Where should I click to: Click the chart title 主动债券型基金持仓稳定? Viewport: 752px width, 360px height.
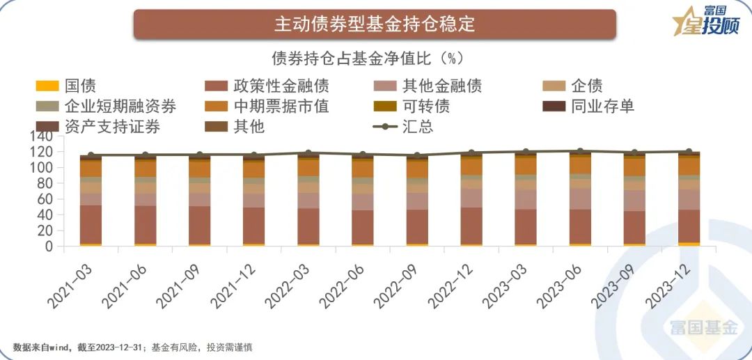point(375,24)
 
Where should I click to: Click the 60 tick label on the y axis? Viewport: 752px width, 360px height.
point(45,199)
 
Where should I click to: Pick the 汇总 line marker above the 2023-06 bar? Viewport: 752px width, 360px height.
point(580,150)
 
